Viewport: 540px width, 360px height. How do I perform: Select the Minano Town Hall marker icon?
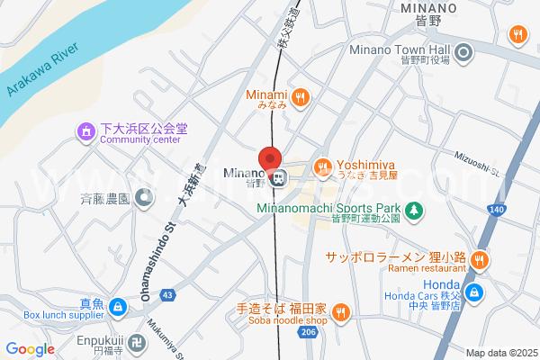click(x=464, y=54)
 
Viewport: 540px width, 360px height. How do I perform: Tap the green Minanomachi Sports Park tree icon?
click(x=413, y=211)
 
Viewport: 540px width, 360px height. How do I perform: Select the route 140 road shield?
click(x=497, y=209)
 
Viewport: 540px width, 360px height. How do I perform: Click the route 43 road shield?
click(x=167, y=294)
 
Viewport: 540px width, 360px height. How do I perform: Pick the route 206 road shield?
click(x=309, y=333)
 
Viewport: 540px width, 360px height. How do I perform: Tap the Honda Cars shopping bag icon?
click(x=477, y=291)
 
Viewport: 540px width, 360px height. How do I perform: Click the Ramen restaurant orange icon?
click(x=480, y=260)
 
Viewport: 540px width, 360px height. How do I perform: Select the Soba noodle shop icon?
click(x=339, y=313)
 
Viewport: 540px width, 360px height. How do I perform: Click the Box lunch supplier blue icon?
click(x=117, y=309)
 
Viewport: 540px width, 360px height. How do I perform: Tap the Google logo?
click(x=30, y=349)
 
